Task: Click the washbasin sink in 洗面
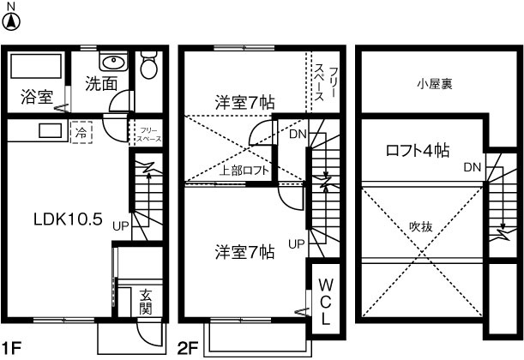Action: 112,63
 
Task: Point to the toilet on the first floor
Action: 148,64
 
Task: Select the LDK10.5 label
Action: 69,219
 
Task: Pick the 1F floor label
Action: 12,349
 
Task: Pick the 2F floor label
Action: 188,349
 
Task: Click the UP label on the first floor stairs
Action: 121,225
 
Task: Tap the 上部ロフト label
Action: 245,170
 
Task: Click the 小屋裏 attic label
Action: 435,84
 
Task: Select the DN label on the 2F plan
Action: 297,135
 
